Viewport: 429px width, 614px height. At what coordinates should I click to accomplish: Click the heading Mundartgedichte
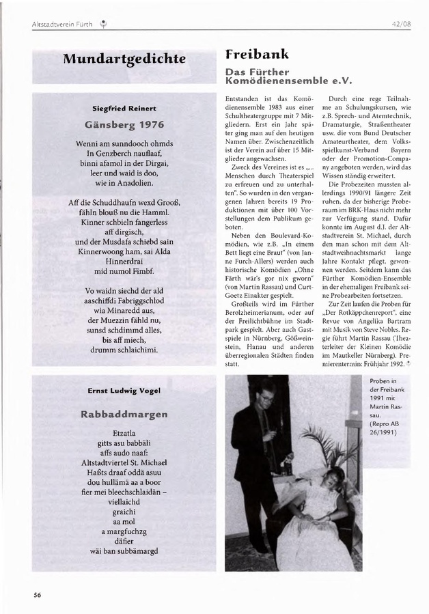[124, 59]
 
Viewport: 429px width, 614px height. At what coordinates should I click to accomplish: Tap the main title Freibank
[257, 54]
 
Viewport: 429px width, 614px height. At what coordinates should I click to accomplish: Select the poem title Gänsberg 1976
[124, 125]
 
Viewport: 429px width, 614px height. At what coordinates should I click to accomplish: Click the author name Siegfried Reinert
[124, 108]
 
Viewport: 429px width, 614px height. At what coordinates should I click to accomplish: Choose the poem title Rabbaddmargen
[124, 414]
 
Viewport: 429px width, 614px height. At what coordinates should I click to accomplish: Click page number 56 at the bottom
[38, 594]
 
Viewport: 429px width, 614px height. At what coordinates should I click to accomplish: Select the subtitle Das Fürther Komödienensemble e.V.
[288, 76]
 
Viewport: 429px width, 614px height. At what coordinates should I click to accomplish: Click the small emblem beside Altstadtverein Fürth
[103, 25]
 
